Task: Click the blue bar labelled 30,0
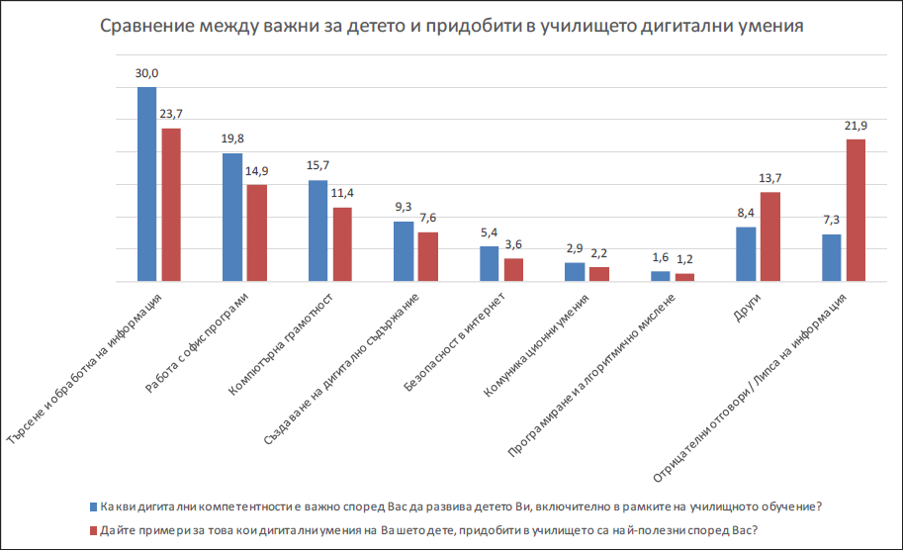tap(146, 184)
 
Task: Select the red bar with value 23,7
tap(171, 205)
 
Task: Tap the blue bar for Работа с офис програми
tap(232, 218)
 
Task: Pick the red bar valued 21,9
tap(857, 211)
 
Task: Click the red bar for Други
tap(770, 236)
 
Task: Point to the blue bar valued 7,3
tap(832, 257)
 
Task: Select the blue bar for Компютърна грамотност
tap(317, 230)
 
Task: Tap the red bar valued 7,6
tap(428, 257)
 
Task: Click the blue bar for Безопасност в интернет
tap(489, 264)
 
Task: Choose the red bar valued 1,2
tap(685, 278)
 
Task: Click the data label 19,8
tap(233, 139)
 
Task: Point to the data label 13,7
tap(770, 178)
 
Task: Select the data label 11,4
tap(343, 193)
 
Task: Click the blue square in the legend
tap(93, 506)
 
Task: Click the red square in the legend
tap(93, 529)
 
